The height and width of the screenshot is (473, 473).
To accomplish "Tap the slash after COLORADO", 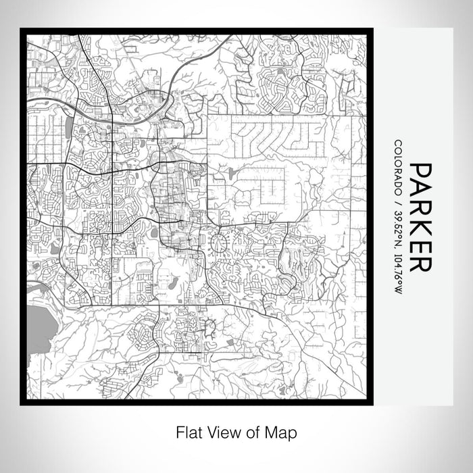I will point(398,200).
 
